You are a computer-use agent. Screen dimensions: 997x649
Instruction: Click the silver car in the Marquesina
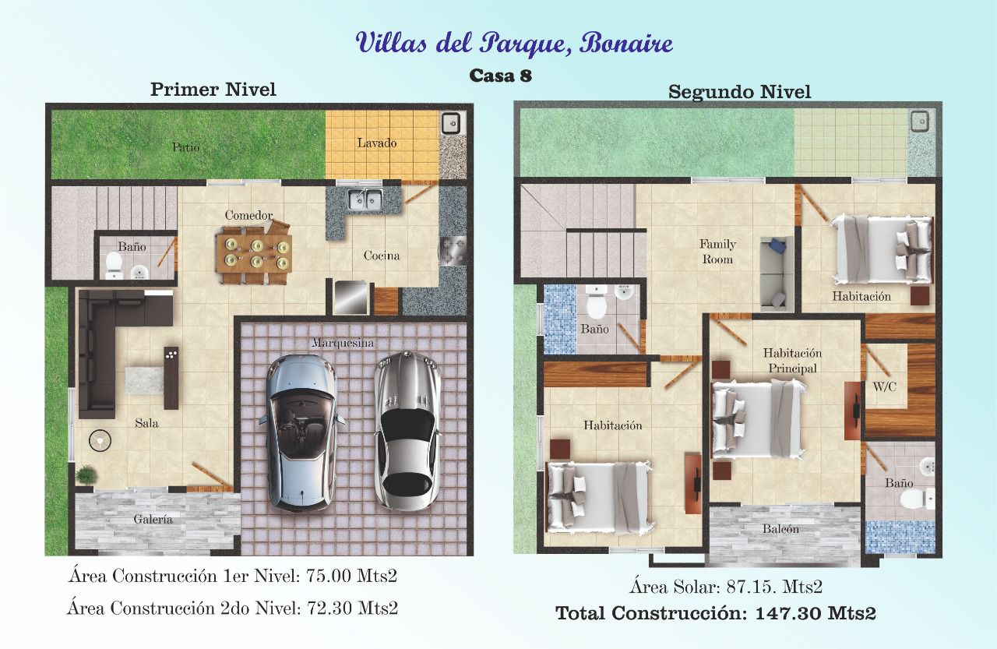(407, 430)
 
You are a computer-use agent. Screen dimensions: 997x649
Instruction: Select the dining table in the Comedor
(254, 254)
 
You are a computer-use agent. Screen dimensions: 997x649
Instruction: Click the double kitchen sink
(365, 199)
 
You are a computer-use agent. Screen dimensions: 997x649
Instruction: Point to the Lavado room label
(376, 143)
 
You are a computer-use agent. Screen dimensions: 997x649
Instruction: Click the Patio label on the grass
(186, 147)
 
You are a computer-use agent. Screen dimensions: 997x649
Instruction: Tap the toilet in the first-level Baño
(114, 266)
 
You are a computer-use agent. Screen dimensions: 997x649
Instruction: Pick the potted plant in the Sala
(86, 475)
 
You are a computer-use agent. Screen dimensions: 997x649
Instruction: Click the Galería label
(153, 519)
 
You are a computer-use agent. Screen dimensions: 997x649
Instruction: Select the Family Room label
(717, 252)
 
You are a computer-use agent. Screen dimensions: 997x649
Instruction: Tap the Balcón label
(780, 529)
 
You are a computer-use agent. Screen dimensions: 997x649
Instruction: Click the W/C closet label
(884, 386)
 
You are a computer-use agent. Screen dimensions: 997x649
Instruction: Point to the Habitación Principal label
(792, 361)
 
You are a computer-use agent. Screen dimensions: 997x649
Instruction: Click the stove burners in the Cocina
(453, 251)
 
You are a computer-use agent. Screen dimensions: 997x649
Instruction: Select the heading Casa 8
(500, 76)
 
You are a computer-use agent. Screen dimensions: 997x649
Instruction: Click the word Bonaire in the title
(625, 44)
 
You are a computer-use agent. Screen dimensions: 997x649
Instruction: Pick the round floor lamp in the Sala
(100, 440)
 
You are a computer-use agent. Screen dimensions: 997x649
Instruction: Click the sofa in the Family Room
(777, 273)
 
